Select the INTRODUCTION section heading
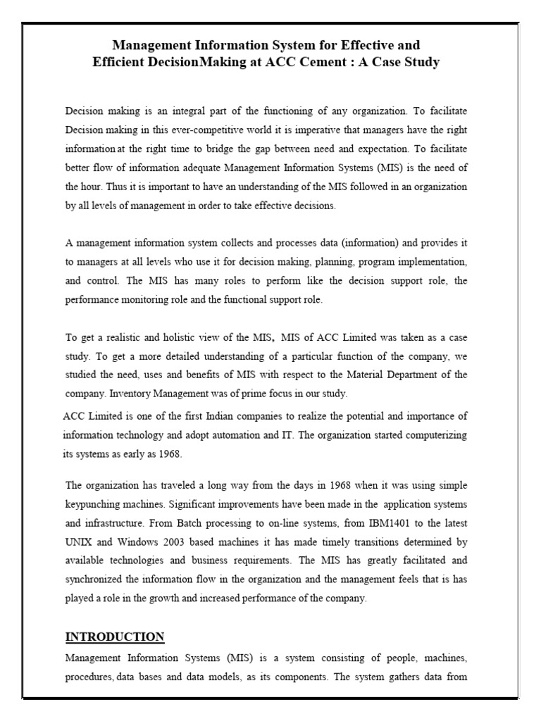115,637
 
